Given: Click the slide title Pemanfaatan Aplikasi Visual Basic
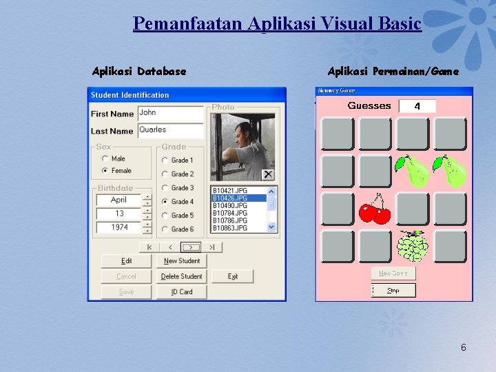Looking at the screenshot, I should coord(277,24).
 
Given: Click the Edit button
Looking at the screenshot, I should coord(126,261).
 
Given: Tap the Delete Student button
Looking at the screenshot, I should coord(181,277).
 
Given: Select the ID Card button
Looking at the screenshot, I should coord(181,292).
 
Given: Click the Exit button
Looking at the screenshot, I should coord(233,277).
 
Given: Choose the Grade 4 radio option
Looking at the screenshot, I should coord(165,202).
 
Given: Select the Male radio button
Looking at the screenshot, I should coord(105,159).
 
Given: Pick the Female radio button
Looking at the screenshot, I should coord(105,170).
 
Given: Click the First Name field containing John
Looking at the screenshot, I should coord(170,113).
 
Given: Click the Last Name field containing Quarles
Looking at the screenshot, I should coord(170,130).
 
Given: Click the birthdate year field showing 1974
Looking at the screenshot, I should coord(118,227).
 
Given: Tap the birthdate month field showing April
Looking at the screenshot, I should coord(118,200).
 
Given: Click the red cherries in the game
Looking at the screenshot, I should coord(375,210).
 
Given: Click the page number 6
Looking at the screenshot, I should coord(463,347).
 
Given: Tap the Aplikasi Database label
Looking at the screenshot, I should coord(139,71).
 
